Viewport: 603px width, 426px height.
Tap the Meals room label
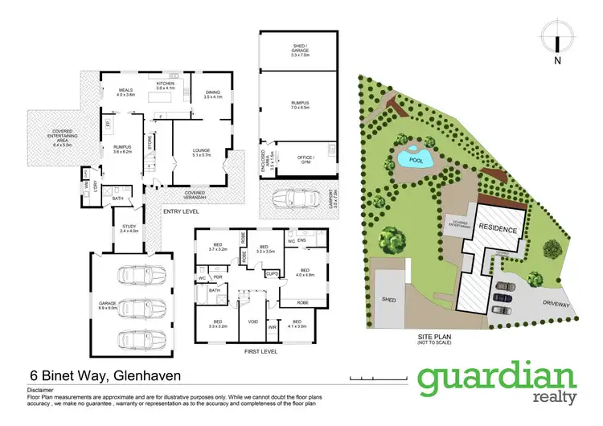(x=125, y=92)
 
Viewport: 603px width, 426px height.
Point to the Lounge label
(x=201, y=151)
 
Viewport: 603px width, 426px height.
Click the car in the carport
(x=293, y=198)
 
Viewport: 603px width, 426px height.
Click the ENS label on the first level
(x=302, y=240)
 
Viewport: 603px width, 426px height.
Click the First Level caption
(x=258, y=352)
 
